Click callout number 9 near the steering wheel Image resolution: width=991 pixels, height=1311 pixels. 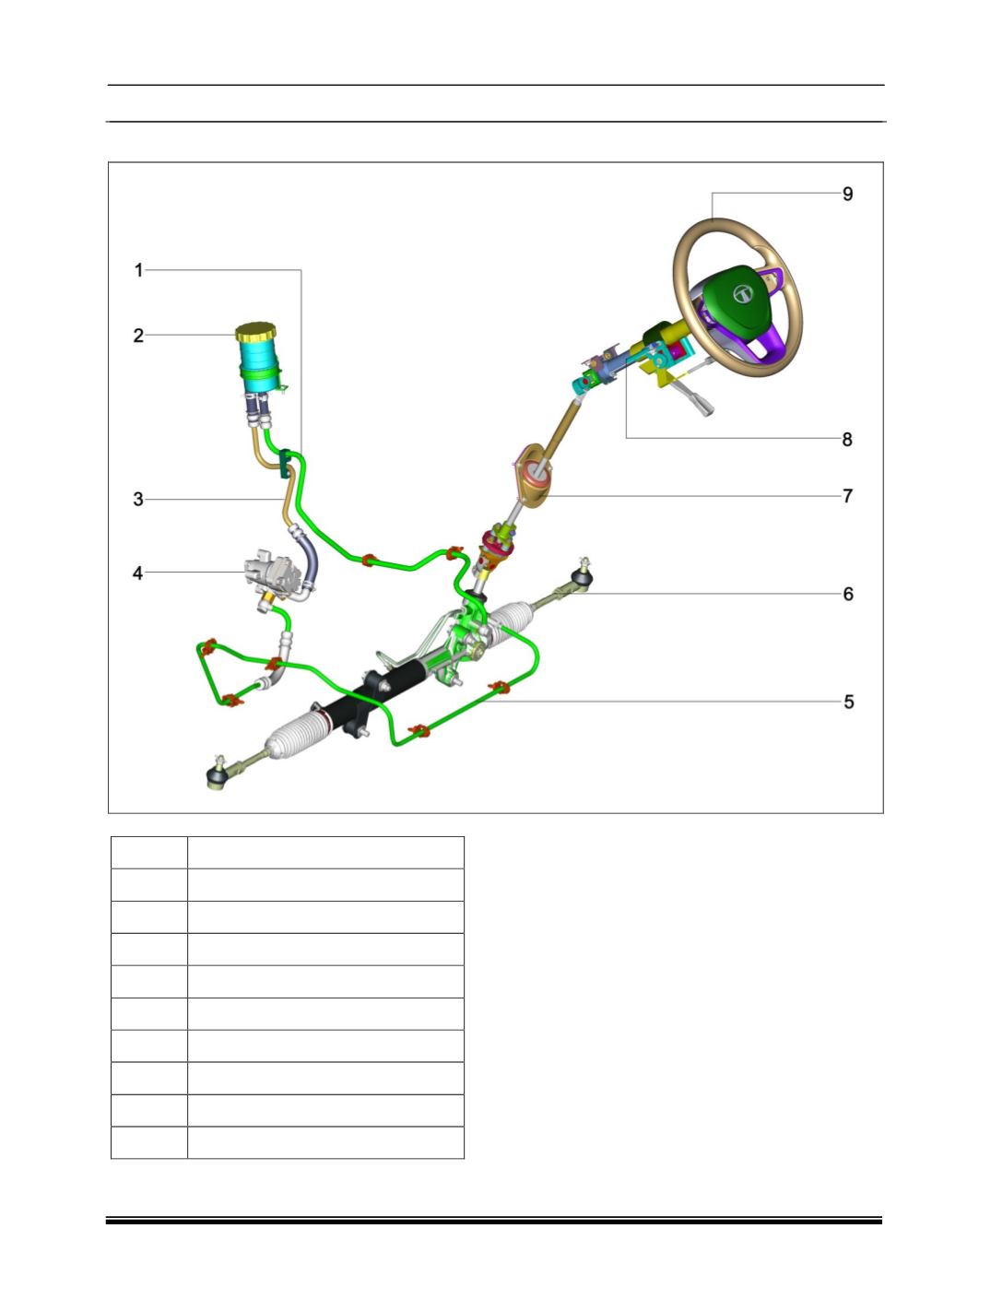coord(847,195)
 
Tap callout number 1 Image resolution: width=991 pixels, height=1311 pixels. coord(139,270)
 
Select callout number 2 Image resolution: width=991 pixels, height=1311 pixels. coord(138,336)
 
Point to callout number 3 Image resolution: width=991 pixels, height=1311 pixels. coord(138,500)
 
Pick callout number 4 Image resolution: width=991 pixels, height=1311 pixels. coord(138,573)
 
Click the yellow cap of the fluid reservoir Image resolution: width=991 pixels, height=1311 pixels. coord(255,332)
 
